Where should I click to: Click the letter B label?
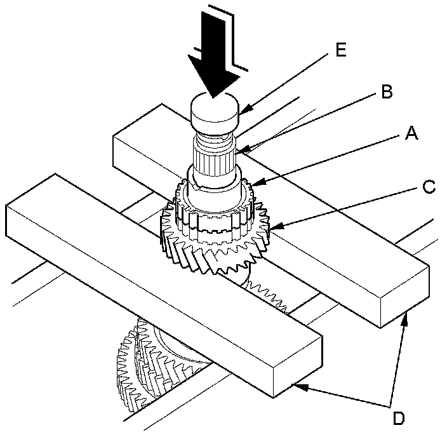(x=385, y=93)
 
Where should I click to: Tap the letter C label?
(x=429, y=187)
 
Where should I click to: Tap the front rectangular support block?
(x=159, y=279)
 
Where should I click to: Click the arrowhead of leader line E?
(x=241, y=115)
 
